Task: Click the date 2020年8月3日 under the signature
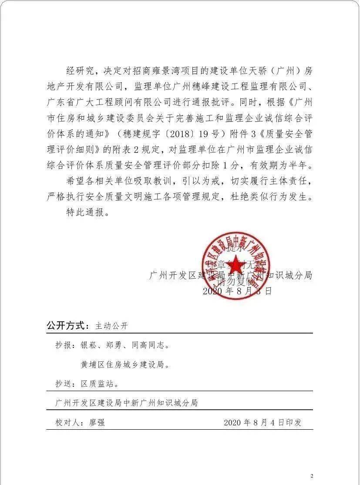point(237,291)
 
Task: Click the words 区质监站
point(99,384)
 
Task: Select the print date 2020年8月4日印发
point(262,422)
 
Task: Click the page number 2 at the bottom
point(312,476)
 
